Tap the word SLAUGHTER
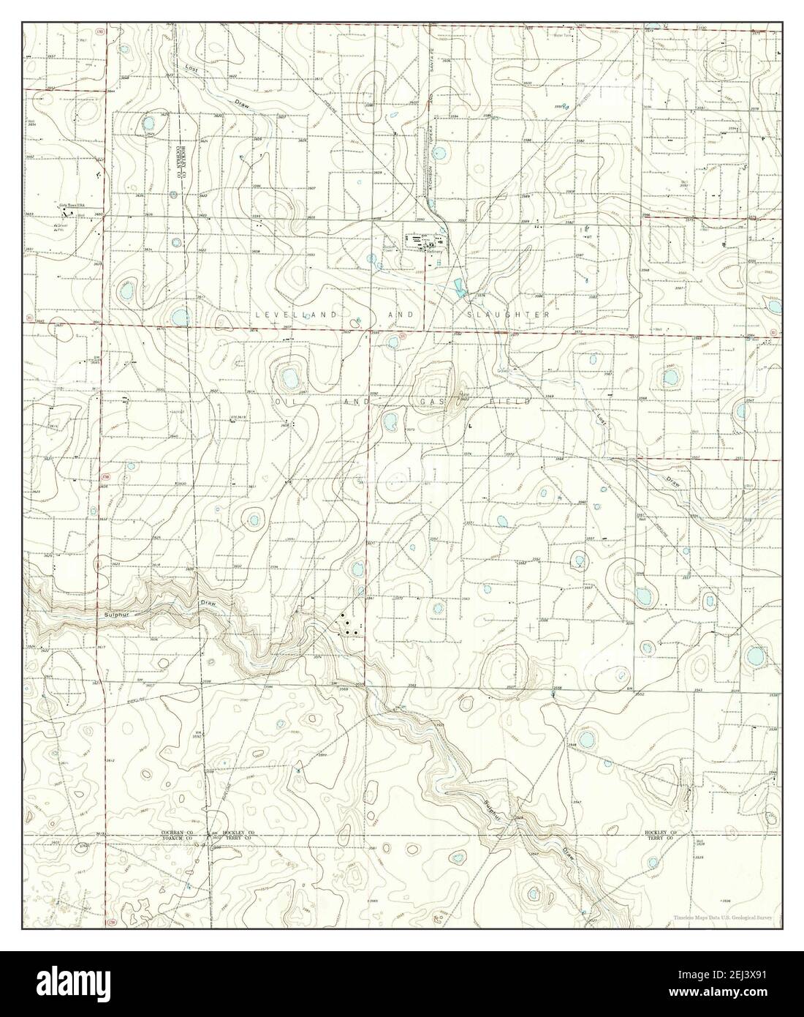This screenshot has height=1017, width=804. tap(507, 313)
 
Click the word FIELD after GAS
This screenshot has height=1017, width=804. tap(501, 402)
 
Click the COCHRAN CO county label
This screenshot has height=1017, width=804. tap(177, 833)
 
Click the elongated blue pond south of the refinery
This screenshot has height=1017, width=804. tap(458, 286)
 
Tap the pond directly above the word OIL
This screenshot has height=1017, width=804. tap(288, 379)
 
